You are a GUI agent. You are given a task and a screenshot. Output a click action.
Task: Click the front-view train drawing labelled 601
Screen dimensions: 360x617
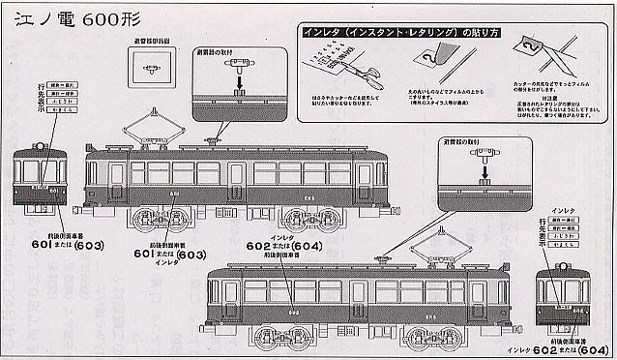pyautogui.click(x=37, y=179)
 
